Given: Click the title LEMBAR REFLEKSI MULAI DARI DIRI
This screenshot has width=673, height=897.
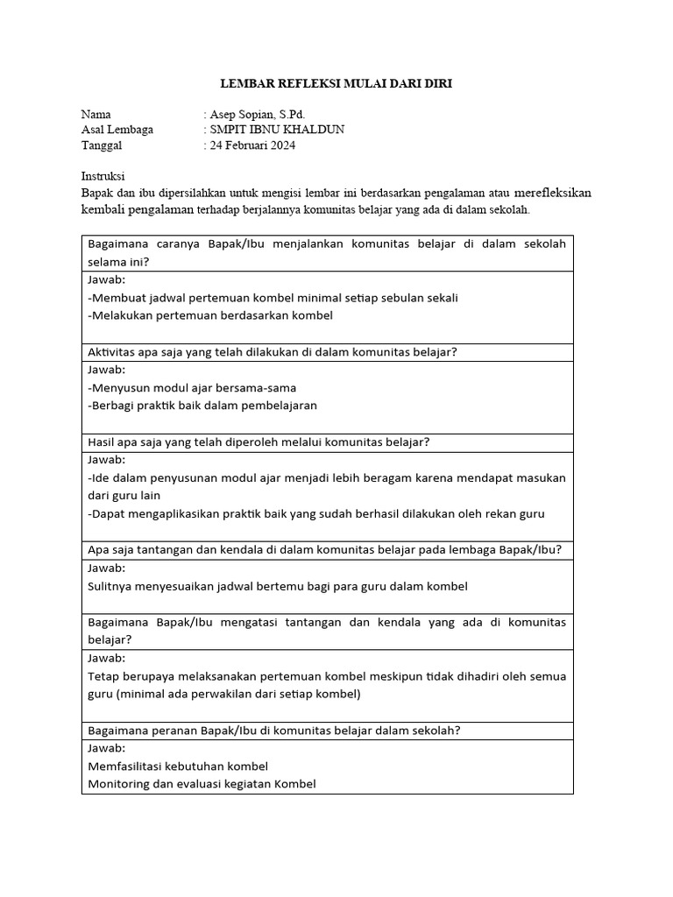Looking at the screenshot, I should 336,84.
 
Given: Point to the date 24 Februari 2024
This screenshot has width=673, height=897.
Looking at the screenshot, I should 252,145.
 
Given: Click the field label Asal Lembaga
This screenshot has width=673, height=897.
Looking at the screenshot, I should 117,130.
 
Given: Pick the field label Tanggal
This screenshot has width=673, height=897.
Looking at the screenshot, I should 101,145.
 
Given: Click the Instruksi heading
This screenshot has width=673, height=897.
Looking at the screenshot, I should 103,175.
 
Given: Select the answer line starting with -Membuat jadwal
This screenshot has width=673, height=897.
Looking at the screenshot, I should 273,297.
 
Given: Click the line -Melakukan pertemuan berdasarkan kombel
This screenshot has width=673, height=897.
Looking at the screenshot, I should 210,315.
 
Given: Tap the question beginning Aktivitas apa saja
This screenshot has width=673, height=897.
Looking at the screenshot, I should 273,352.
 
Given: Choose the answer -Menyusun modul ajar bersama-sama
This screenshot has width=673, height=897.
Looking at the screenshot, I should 192,387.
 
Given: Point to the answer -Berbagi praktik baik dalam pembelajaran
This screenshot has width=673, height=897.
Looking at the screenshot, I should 202,406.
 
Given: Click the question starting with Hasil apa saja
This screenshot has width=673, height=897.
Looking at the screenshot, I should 259,442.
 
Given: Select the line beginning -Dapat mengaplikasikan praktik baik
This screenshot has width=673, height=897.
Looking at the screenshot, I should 316,514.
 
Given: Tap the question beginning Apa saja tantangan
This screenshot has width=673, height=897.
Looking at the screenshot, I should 324,550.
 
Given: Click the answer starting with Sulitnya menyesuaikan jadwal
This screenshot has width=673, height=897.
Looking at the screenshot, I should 278,585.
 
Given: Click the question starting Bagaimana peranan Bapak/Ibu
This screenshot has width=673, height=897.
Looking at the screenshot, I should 274,731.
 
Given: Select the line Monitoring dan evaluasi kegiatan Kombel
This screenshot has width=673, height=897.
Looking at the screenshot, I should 202,784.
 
